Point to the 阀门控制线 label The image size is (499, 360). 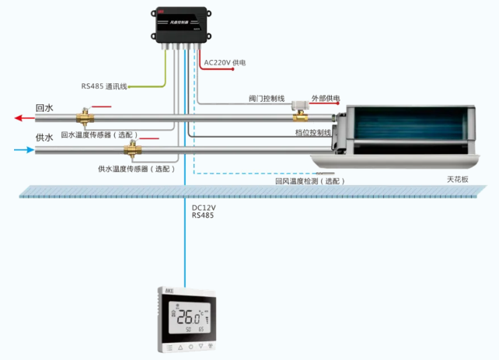click(x=267, y=99)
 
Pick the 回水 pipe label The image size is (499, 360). click(x=44, y=108)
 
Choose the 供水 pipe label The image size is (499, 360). click(x=44, y=138)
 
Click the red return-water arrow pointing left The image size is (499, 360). click(x=23, y=119)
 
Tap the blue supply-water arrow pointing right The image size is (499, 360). click(x=23, y=149)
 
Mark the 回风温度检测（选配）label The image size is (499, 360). click(x=309, y=180)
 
